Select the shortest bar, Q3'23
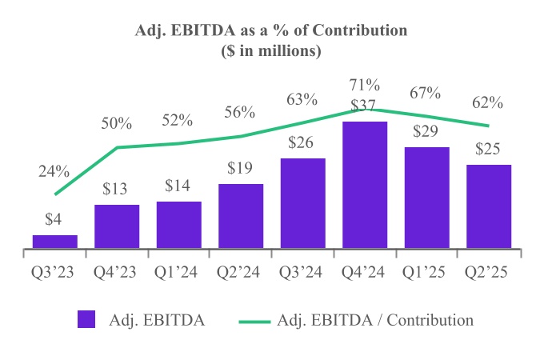pyautogui.click(x=55, y=241)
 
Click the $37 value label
pyautogui.click(x=365, y=104)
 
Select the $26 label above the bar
pyautogui.click(x=303, y=144)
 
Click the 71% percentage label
pyautogui.click(x=365, y=85)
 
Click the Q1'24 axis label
pyautogui.click(x=179, y=271)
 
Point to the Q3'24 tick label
pyautogui.click(x=303, y=271)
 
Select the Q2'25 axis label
pyautogui.click(x=488, y=271)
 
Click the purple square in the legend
pyautogui.click(x=87, y=319)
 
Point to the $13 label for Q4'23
pyautogui.click(x=117, y=190)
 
